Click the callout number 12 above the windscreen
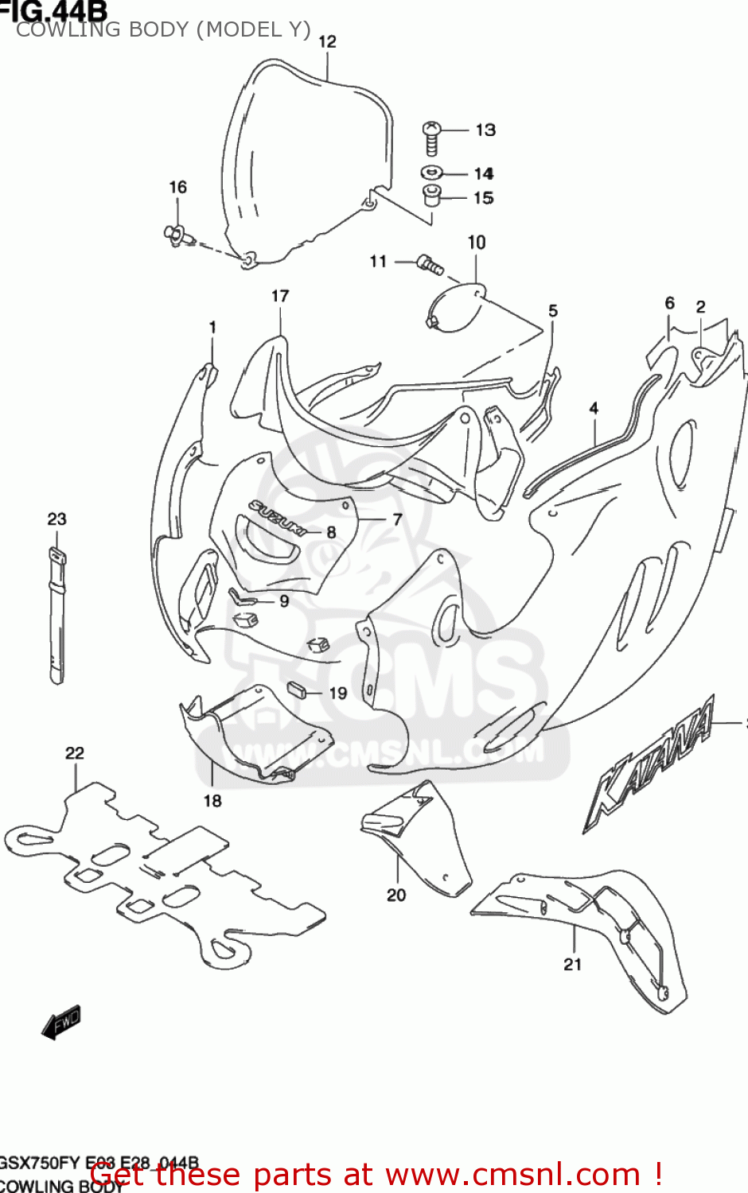pos(327,41)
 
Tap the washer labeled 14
pos(431,172)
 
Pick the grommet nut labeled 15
pos(431,195)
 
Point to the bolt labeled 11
pos(430,265)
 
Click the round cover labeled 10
pos(457,309)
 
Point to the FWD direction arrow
pos(61,1022)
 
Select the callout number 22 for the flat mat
pos(75,752)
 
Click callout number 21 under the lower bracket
pos(573,964)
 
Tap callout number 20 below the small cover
pos(396,895)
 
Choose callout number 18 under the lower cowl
pos(212,800)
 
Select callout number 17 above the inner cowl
pos(280,296)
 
